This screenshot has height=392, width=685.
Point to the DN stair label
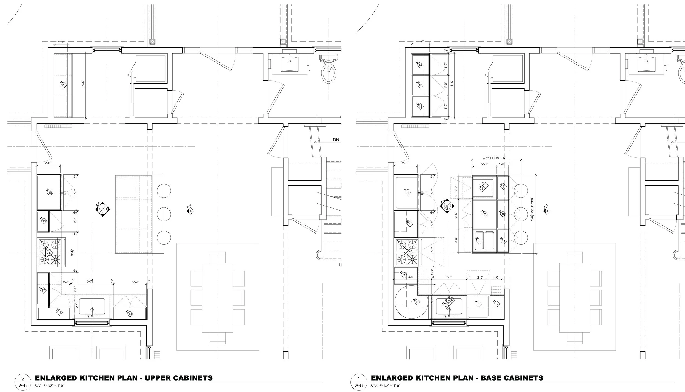point(336,140)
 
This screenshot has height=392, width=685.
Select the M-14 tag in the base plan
point(420,64)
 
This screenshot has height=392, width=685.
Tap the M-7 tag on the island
point(484,214)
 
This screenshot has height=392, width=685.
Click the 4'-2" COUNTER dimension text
point(494,158)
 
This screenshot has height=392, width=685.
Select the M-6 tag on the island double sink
point(479,241)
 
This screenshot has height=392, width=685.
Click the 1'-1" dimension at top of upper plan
point(61,42)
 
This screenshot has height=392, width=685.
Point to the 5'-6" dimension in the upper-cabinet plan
point(83,83)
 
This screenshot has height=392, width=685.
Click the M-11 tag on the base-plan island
point(503,241)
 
